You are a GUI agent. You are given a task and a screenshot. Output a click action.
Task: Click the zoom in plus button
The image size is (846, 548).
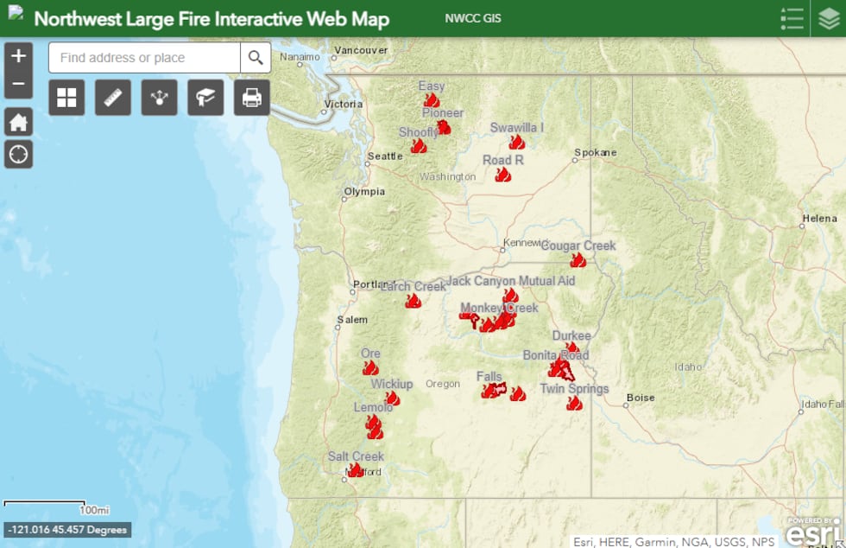[x=18, y=56]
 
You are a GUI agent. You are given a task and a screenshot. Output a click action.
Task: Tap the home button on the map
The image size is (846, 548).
[x=18, y=122]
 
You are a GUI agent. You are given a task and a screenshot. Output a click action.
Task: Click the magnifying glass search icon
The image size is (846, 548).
[x=256, y=58]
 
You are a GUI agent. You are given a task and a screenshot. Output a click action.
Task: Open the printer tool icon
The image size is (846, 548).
[x=251, y=98]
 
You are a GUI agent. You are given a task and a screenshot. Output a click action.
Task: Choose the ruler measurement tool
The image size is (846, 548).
[x=112, y=98]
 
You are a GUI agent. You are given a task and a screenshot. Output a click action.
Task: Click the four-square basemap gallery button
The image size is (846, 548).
[x=66, y=98]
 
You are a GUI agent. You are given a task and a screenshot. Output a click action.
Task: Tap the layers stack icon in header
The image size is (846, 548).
[x=829, y=19]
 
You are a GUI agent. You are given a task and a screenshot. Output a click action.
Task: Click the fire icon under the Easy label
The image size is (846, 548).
[x=432, y=100]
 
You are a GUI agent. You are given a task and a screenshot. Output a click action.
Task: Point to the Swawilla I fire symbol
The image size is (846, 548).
[x=517, y=142]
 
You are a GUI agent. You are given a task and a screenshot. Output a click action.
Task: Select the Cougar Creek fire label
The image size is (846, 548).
[x=578, y=245]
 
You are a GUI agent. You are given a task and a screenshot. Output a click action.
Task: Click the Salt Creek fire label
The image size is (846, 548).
[x=356, y=456]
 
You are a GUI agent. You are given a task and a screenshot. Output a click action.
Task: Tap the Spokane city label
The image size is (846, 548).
[x=596, y=153]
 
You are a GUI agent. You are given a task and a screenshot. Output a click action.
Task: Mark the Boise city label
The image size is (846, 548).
[x=641, y=398]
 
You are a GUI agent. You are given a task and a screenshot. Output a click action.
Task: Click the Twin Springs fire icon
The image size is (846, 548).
[x=574, y=403]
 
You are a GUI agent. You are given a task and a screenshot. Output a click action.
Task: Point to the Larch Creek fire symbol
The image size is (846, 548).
[x=414, y=301]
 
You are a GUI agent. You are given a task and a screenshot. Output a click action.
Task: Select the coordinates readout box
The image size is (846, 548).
[x=67, y=530]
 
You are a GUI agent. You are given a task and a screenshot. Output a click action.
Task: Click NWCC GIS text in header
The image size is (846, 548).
[x=473, y=19]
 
